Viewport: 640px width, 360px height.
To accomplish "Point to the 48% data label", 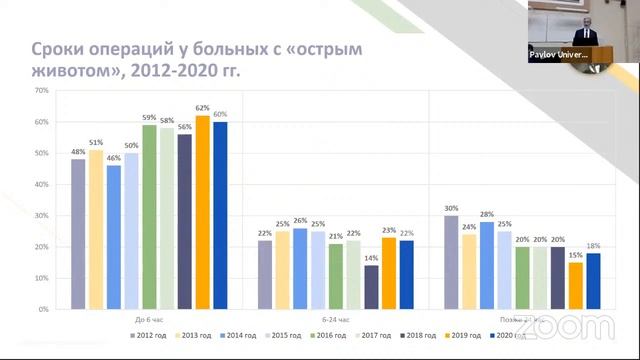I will [77, 153].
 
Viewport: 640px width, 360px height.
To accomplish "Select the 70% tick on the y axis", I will [41, 90].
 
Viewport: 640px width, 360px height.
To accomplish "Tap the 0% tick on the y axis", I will [43, 309].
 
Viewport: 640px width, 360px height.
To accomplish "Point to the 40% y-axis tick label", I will [41, 184].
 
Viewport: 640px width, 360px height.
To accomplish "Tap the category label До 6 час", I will [148, 318].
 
